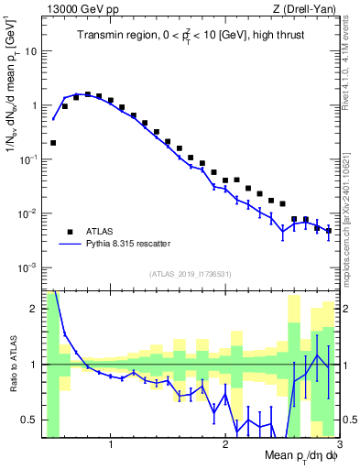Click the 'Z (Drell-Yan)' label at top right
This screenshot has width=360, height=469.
pos(307,9)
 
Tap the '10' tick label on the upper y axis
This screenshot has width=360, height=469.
pos(30,51)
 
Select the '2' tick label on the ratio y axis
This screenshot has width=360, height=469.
pos(35,310)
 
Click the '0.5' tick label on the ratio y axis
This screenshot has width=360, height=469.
pos(30,420)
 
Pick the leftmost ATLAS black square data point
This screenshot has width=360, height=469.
pos(53,143)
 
